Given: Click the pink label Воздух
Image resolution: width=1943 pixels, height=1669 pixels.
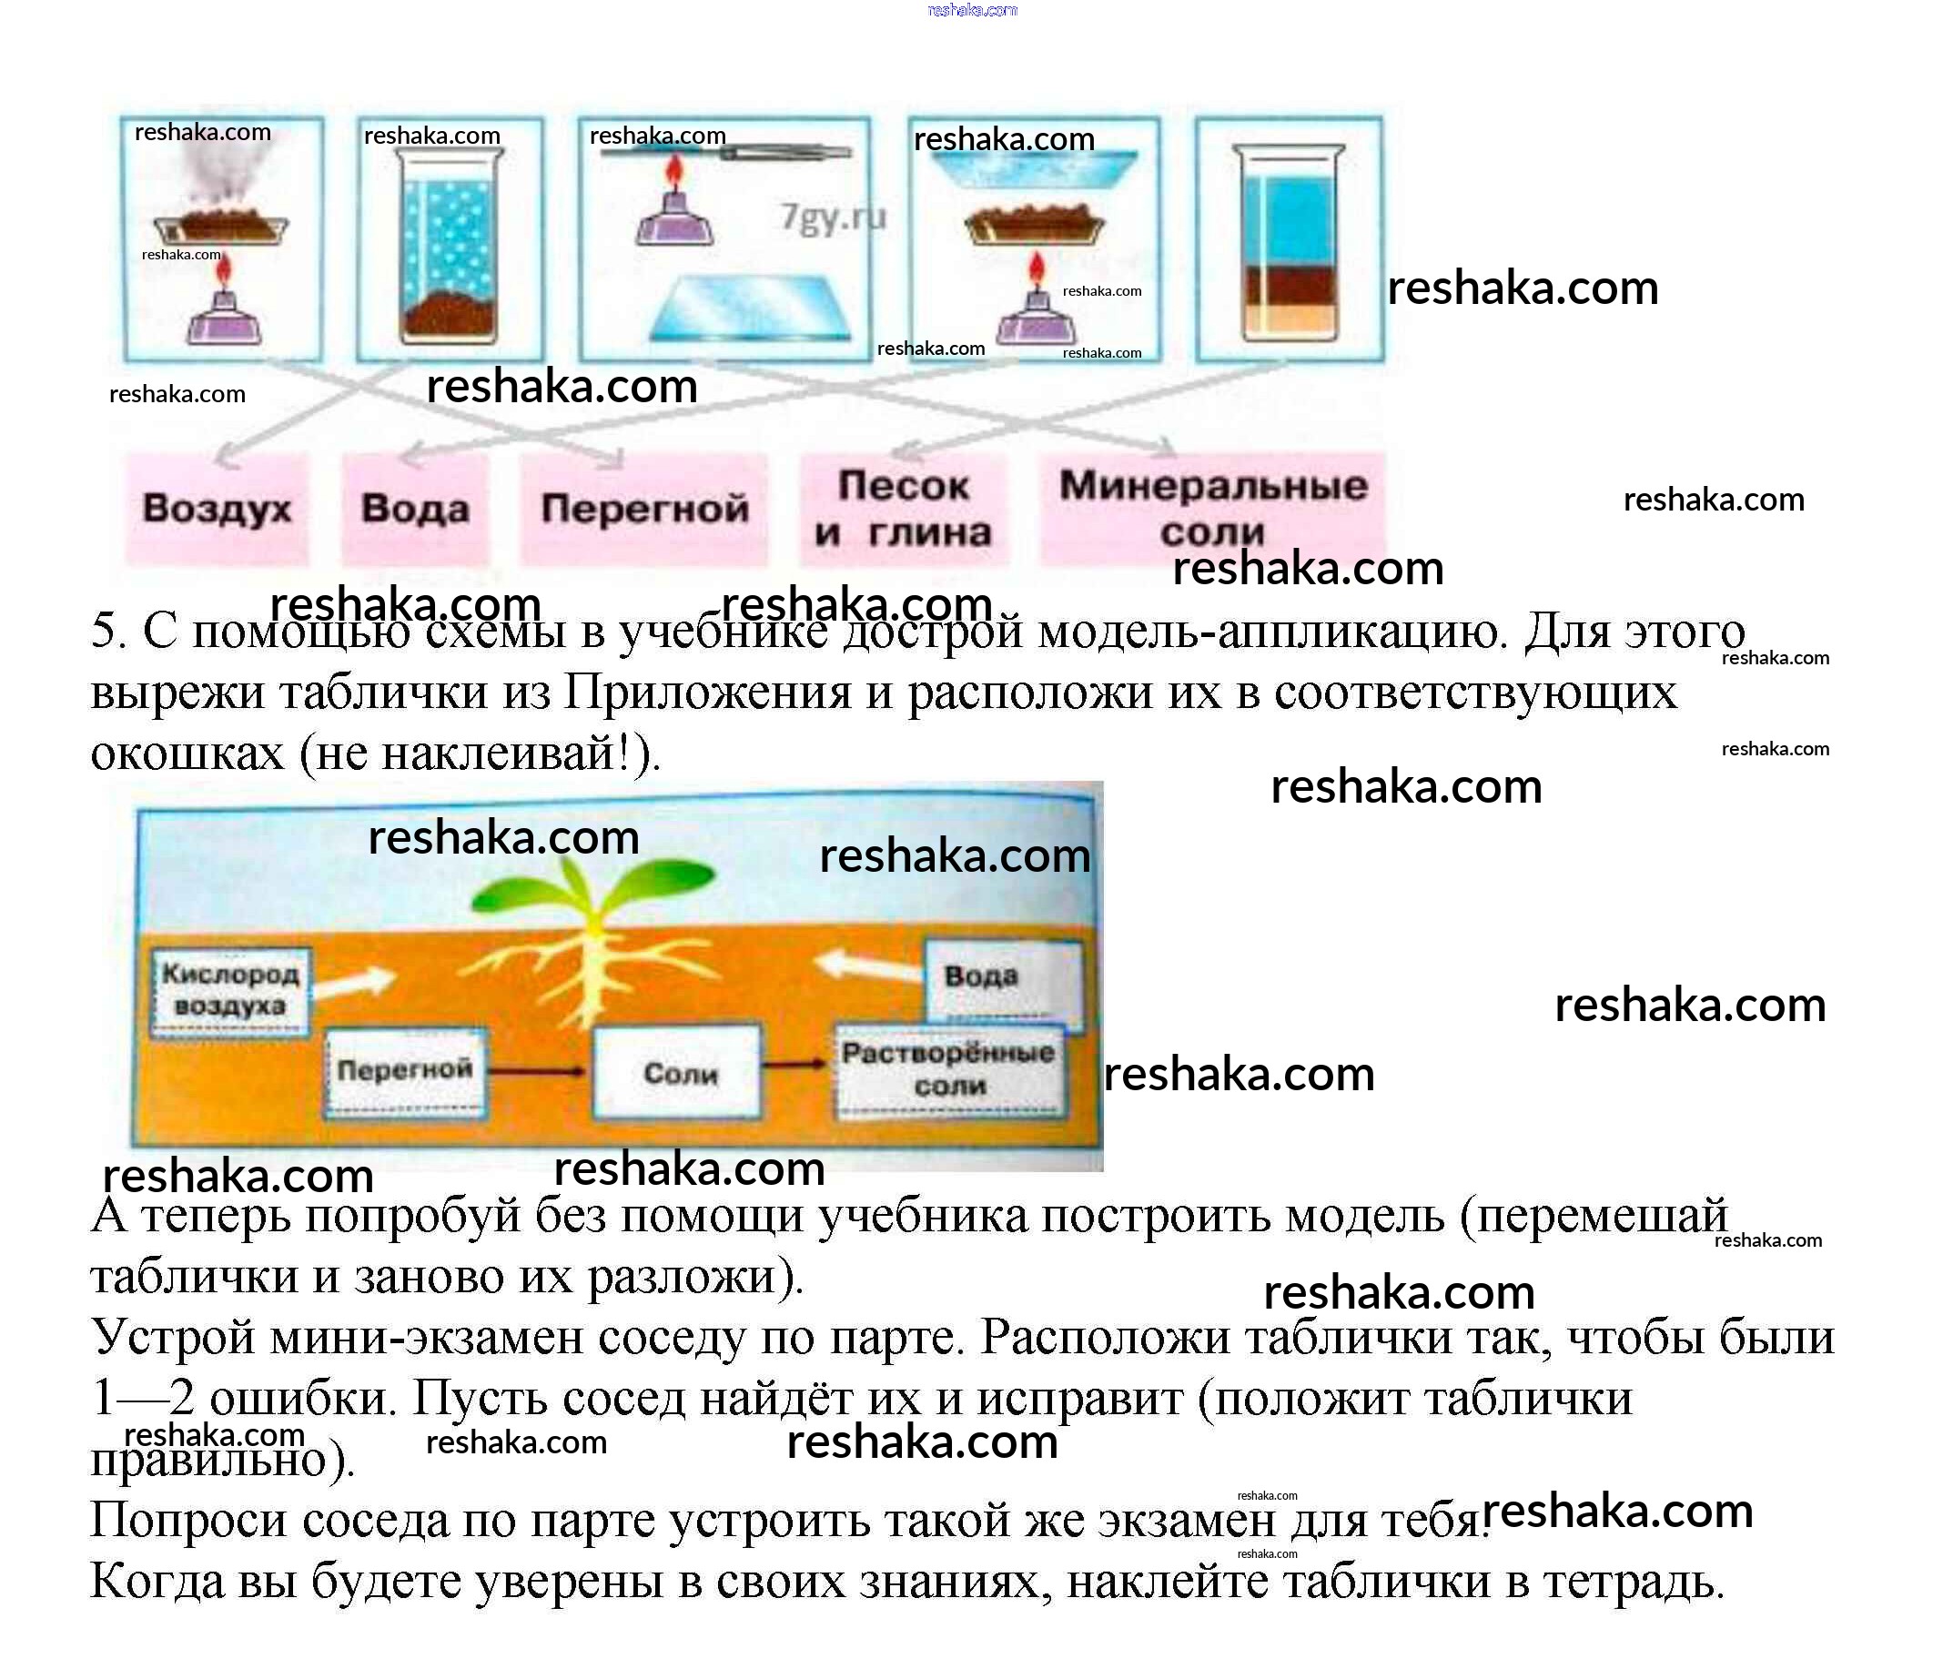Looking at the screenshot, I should click(x=217, y=509).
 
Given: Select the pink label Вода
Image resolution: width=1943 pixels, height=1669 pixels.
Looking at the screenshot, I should click(x=415, y=509).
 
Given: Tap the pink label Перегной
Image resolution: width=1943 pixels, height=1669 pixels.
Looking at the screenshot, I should click(x=644, y=509).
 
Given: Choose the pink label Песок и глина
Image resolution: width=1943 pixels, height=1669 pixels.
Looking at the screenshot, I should click(x=903, y=509).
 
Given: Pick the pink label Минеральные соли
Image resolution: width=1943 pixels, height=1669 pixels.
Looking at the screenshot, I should click(x=1212, y=509).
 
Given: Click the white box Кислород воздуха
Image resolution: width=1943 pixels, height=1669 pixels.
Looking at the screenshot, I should click(x=230, y=991).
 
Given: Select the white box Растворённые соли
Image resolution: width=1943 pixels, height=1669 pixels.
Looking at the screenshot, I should click(x=949, y=1070).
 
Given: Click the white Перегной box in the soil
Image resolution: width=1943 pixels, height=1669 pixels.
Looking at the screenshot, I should click(x=405, y=1071).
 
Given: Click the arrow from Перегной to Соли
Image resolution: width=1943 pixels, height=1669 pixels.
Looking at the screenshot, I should click(x=537, y=1071).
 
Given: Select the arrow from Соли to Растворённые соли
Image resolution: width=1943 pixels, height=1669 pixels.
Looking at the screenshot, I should click(x=794, y=1064).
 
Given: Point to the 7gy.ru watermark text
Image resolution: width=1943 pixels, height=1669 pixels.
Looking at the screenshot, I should click(x=833, y=217).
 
